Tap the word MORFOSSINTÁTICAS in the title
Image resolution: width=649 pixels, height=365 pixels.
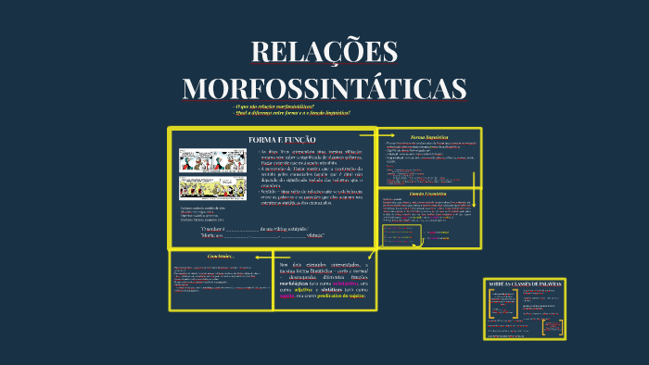pyautogui.click(x=324, y=87)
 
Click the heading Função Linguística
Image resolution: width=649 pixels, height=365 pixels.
pyautogui.click(x=428, y=193)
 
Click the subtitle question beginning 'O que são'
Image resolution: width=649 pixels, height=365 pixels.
pyautogui.click(x=275, y=106)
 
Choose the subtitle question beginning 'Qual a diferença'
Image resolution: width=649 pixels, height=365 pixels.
pyautogui.click(x=292, y=112)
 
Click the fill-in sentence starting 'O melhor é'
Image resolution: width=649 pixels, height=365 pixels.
pyautogui.click(x=255, y=228)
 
